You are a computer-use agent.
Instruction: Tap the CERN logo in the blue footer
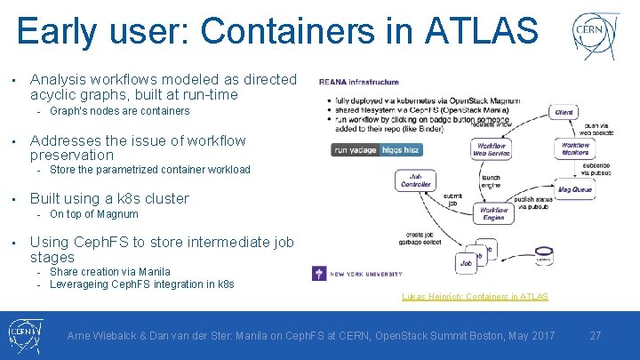pos(27,336)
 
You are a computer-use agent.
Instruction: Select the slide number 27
pos(595,336)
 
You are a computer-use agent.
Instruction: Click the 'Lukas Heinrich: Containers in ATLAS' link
pos(475,296)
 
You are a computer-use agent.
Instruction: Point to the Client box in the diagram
pos(564,112)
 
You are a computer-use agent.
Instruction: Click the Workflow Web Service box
pos(492,149)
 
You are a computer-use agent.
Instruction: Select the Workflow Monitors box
pos(574,148)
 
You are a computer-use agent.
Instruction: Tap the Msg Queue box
pos(575,188)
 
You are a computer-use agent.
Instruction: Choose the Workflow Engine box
pos(494,214)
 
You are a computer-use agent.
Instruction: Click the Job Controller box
pos(415,180)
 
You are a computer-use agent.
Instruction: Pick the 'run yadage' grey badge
pos(355,150)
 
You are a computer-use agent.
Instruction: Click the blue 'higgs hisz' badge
pos(400,150)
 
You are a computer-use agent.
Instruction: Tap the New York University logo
pos(357,274)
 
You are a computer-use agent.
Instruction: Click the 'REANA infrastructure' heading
pos(360,83)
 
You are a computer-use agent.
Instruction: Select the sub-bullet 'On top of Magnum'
pos(94,214)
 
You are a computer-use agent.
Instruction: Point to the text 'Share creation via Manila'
pos(110,272)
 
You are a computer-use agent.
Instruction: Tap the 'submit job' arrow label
pos(452,200)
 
